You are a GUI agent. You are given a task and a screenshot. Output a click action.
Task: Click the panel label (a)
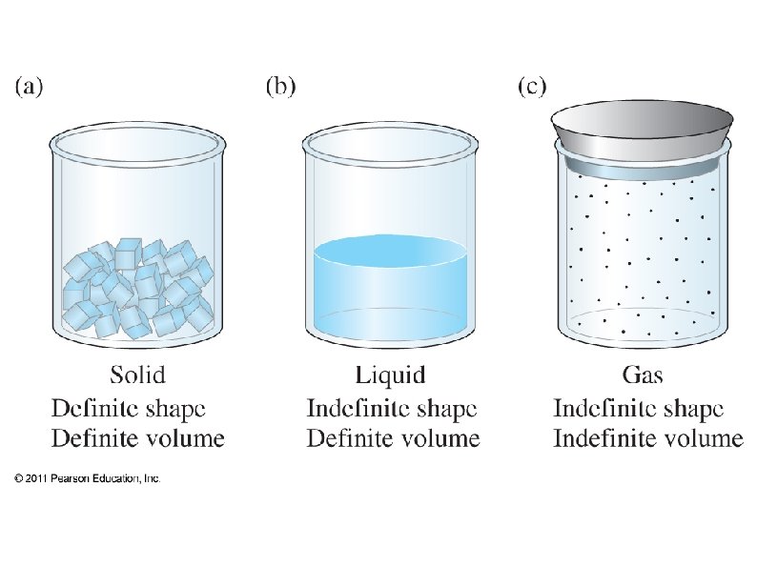pyautogui.click(x=28, y=87)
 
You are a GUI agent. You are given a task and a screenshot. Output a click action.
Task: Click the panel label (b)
pyautogui.click(x=279, y=87)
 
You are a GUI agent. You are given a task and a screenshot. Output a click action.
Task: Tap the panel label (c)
pyautogui.click(x=531, y=87)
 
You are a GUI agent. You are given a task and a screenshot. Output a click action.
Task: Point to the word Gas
pyautogui.click(x=642, y=373)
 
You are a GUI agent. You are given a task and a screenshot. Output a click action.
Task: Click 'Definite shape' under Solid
pyautogui.click(x=128, y=409)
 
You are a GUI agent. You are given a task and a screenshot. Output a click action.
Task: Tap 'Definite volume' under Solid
pyautogui.click(x=137, y=438)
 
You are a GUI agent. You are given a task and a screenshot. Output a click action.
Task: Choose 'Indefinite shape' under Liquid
pyautogui.click(x=391, y=409)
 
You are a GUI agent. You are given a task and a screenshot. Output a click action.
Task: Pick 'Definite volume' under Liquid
pyautogui.click(x=392, y=438)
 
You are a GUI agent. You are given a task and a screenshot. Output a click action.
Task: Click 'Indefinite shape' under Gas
pyautogui.click(x=639, y=409)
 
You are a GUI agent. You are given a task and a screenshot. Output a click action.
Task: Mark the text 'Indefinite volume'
pyautogui.click(x=648, y=438)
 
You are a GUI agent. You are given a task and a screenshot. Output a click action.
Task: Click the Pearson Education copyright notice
pyautogui.click(x=88, y=478)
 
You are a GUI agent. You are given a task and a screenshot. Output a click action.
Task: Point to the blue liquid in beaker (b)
pyautogui.click(x=390, y=286)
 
